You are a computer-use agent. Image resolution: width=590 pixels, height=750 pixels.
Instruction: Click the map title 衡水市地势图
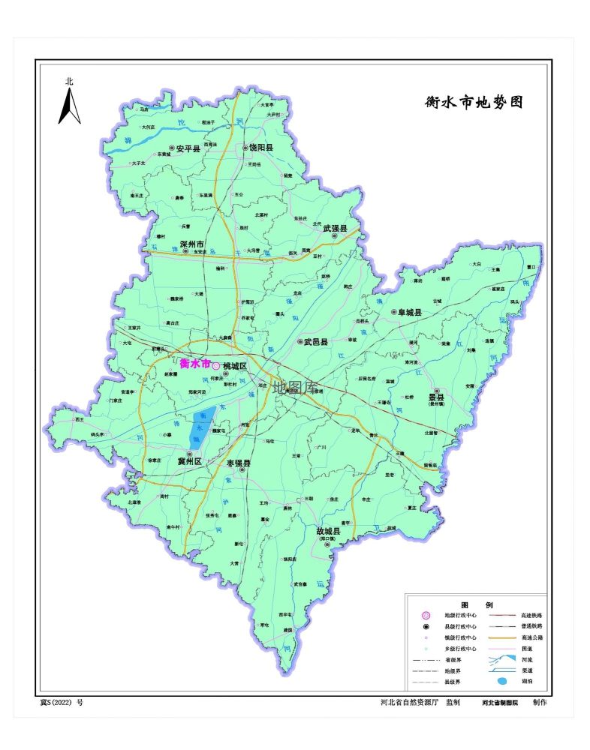[x=473, y=103]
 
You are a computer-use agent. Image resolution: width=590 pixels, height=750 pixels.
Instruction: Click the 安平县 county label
[x=188, y=149]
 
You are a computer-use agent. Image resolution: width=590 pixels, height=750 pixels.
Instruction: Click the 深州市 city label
[x=193, y=244]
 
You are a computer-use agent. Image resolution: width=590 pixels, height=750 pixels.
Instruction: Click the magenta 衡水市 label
[x=195, y=363]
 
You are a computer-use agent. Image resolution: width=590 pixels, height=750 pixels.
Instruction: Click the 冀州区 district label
[x=189, y=462]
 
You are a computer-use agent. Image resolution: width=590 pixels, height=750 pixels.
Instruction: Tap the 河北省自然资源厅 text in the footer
[x=409, y=703]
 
